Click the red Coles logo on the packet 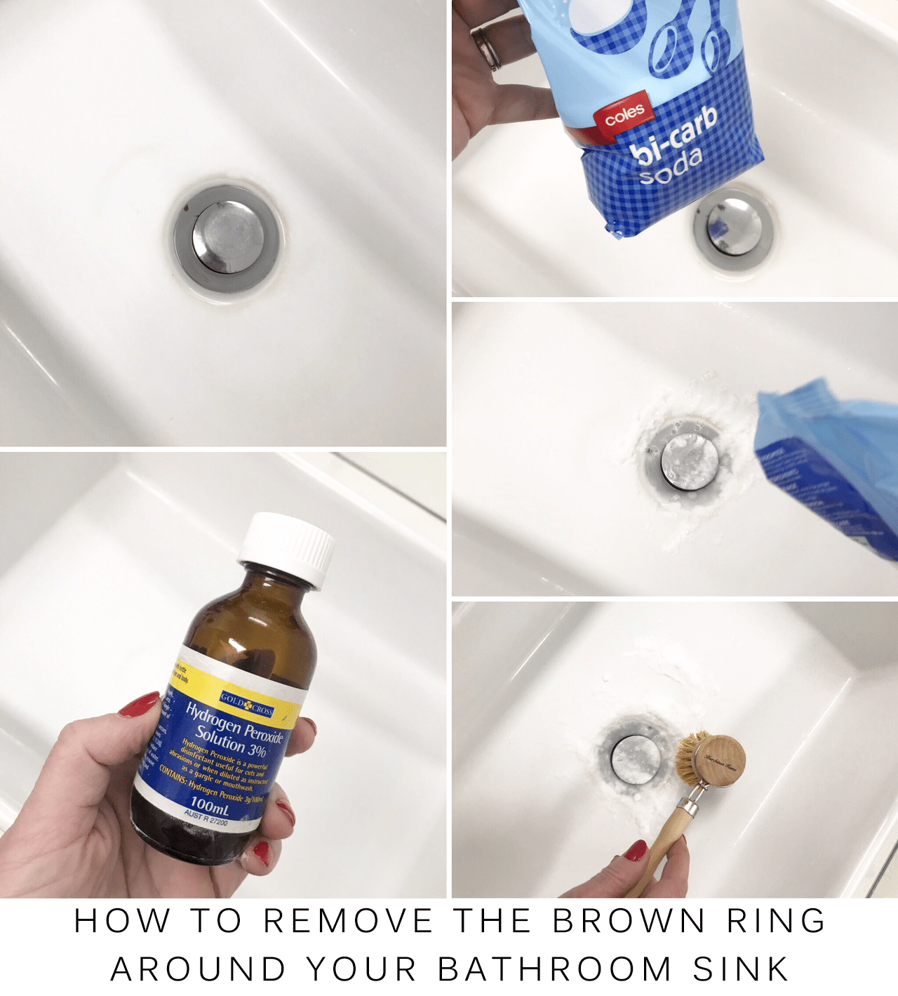624,114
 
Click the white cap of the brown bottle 287,549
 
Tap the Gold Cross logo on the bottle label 247,705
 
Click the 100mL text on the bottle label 210,804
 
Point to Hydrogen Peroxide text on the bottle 234,722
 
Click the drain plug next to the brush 635,758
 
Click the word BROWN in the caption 629,921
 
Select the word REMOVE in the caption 349,921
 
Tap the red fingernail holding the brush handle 636,850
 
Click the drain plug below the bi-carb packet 733,227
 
